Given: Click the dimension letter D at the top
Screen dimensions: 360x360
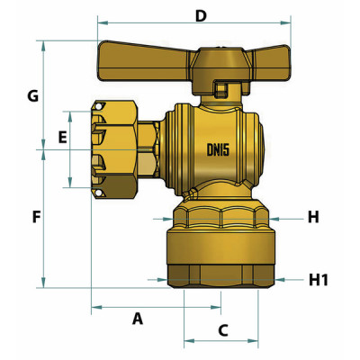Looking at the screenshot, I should pos(201,15).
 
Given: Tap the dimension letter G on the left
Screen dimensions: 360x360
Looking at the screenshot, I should pos(32,94).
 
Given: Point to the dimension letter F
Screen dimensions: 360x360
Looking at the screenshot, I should pos(36,218).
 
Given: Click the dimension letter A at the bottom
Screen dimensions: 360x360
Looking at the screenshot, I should pos(138,318).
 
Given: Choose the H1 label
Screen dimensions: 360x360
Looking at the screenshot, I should pos(319,280).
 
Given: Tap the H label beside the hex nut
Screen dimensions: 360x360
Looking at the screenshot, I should pos(313,217).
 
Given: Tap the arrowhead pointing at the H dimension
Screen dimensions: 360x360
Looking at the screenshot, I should pos(276,218).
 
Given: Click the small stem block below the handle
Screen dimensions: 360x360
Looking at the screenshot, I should pos(220,89).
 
